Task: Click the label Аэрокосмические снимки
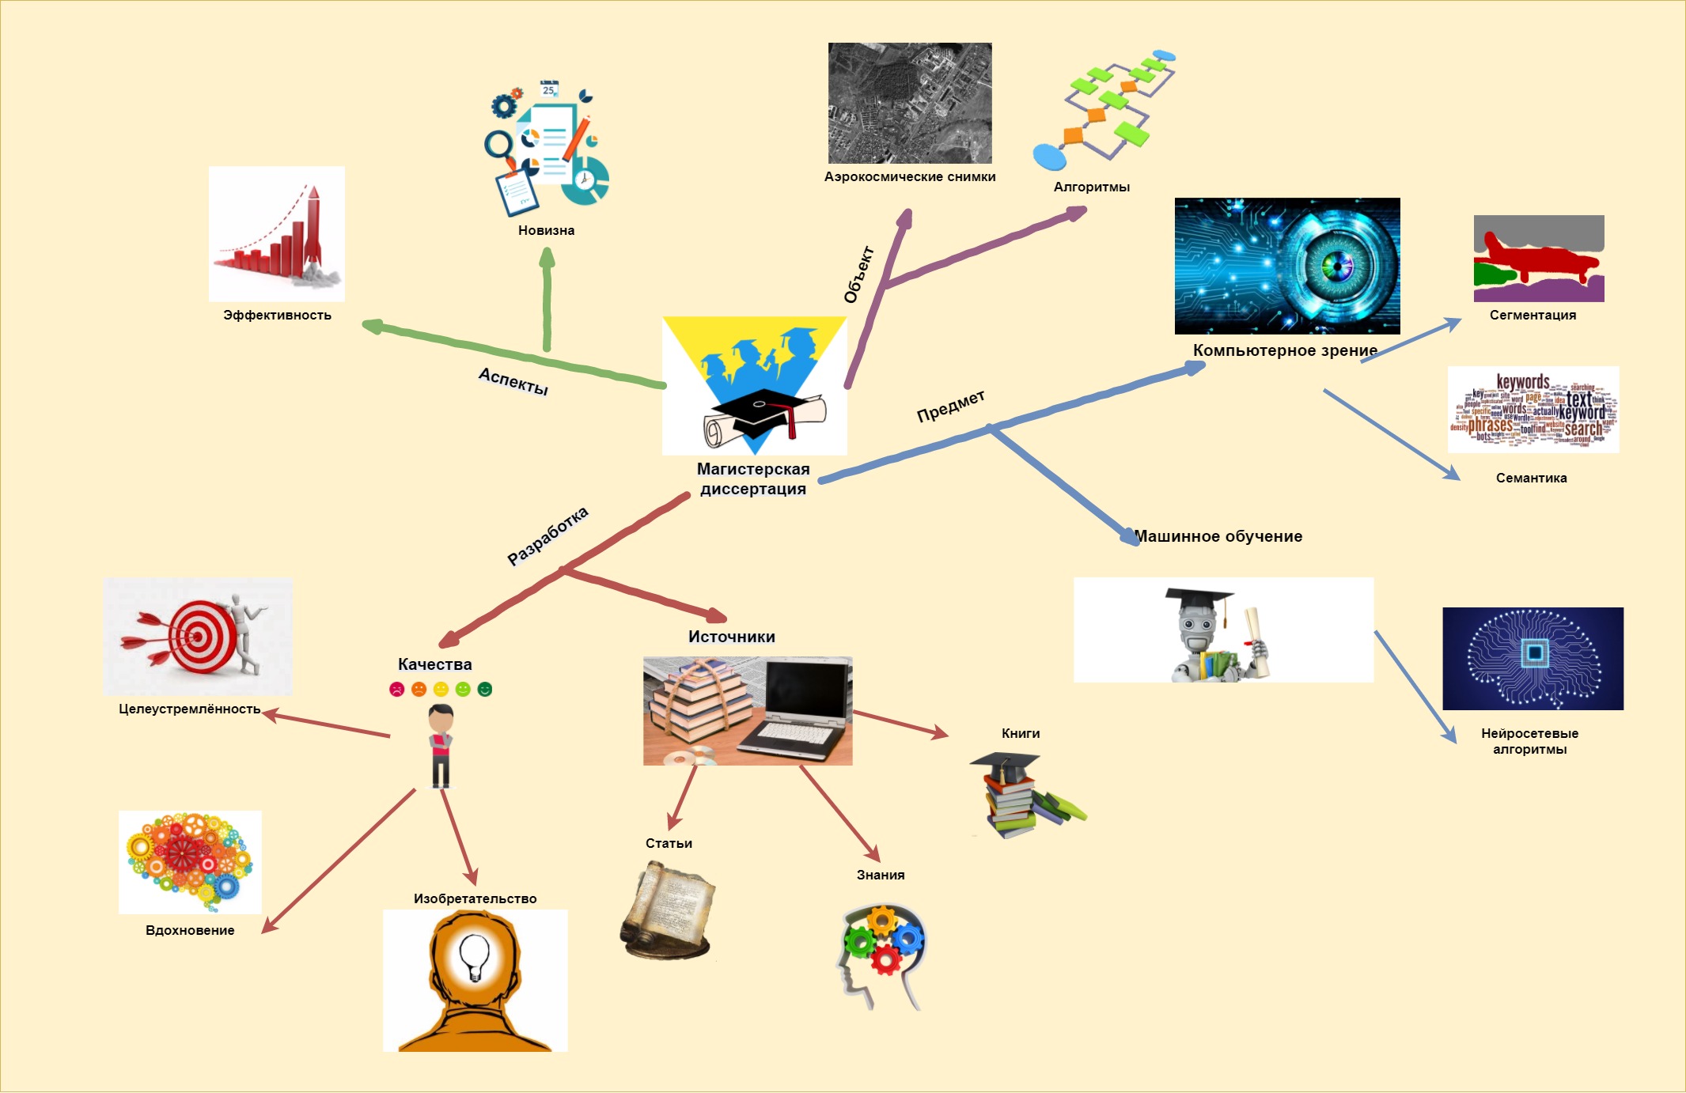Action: tap(910, 177)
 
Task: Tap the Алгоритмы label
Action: tap(1092, 187)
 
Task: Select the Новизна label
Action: tap(547, 231)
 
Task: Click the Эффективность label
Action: tap(277, 316)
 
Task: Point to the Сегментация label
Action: tap(1533, 316)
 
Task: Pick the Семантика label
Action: tap(1531, 478)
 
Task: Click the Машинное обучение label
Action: tap(1218, 536)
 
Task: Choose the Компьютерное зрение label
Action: tap(1285, 350)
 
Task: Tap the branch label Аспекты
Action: tap(513, 381)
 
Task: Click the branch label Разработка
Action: tap(547, 535)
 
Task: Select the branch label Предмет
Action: tap(951, 406)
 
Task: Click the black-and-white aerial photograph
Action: tap(910, 103)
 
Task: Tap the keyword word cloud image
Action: tap(1533, 410)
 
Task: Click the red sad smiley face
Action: tap(397, 690)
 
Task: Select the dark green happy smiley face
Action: tap(485, 690)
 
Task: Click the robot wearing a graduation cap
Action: tap(1218, 633)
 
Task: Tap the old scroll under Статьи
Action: tap(668, 910)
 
